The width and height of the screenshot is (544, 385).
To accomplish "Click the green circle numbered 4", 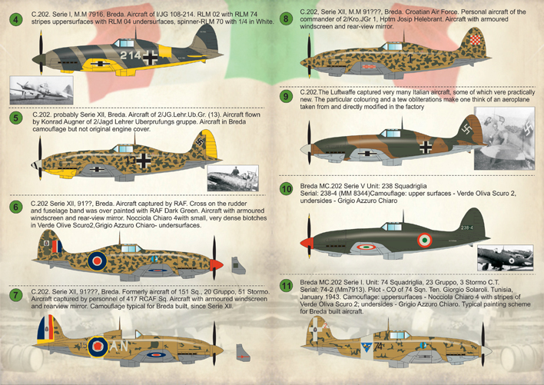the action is pos(15,19).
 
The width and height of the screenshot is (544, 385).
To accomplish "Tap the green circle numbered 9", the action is pos(286,96).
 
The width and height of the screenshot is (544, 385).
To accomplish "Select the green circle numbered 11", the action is pos(287,286).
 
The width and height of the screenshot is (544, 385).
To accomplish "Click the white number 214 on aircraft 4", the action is pos(131,55).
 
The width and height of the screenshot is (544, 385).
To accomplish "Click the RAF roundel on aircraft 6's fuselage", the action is pos(97,261).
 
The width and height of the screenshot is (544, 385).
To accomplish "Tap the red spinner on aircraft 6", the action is pos(217,265).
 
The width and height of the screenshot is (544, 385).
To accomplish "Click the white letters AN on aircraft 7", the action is pos(119,346).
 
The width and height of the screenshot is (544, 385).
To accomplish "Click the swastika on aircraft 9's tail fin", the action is pos(466,130).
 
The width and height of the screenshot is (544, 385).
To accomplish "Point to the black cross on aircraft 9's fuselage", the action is pos(426,148).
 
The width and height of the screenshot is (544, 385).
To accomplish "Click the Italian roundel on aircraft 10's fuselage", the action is pos(424,240).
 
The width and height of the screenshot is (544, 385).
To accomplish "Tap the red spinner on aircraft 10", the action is pos(307,243).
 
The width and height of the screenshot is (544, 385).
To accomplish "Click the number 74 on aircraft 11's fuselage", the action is pos(378,346).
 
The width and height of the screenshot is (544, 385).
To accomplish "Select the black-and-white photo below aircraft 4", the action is pos(41,90).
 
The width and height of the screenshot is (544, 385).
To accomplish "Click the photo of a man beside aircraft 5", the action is pos(233,178).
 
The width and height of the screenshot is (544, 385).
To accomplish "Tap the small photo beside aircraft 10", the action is pos(505,257).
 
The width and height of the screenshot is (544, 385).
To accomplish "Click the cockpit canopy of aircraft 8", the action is pos(392,46).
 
